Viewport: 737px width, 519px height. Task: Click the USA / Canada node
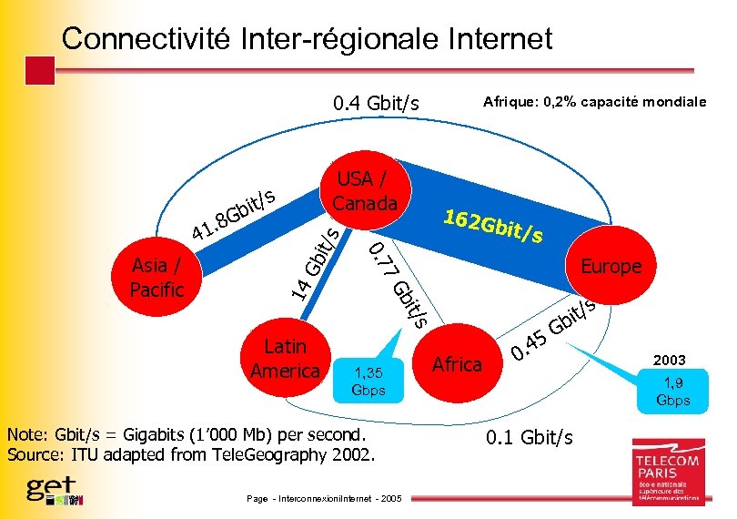(365, 190)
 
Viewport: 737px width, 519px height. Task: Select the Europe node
(611, 266)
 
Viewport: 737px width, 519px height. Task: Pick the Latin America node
(285, 358)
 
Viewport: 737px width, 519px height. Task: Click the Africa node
(457, 364)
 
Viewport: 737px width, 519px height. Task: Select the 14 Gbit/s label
(316, 263)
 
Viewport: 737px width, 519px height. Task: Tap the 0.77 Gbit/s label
(399, 281)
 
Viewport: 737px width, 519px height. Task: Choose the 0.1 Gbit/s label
(530, 438)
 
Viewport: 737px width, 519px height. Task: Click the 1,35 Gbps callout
(369, 381)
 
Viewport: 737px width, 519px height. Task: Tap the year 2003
(669, 360)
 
